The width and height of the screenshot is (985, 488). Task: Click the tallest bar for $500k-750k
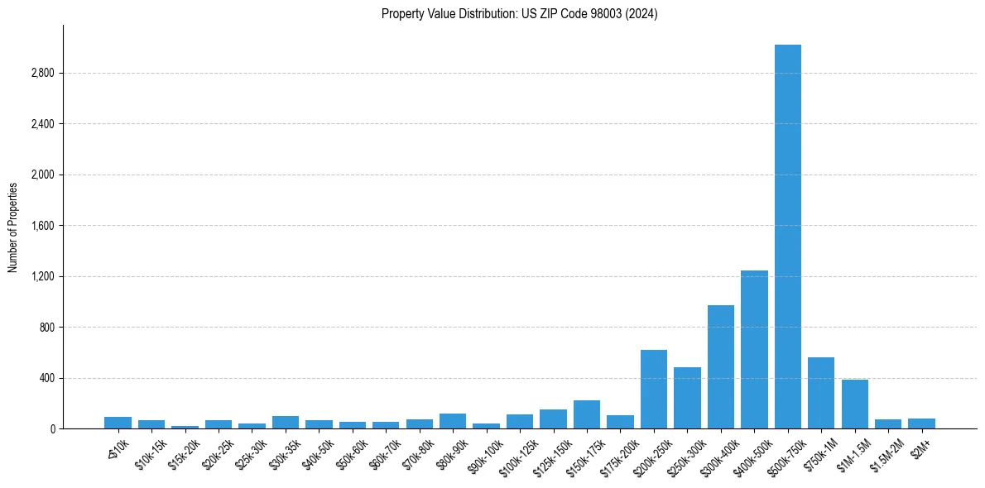tap(787, 237)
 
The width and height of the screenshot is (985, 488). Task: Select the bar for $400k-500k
tap(754, 349)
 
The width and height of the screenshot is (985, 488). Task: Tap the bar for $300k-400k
tap(720, 366)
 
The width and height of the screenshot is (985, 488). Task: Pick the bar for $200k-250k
tap(654, 389)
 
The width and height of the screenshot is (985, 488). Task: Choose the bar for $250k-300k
tap(687, 398)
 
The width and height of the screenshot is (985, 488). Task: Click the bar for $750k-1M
tap(821, 393)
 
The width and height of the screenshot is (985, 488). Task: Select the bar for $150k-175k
tap(587, 414)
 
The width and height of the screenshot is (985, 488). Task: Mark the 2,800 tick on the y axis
tap(41, 74)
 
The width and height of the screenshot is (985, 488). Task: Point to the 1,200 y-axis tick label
tap(41, 276)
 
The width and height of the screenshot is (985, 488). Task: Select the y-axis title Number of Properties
tap(13, 227)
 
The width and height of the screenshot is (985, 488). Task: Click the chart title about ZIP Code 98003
tap(519, 14)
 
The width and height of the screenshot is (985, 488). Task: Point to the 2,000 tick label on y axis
tap(41, 175)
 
